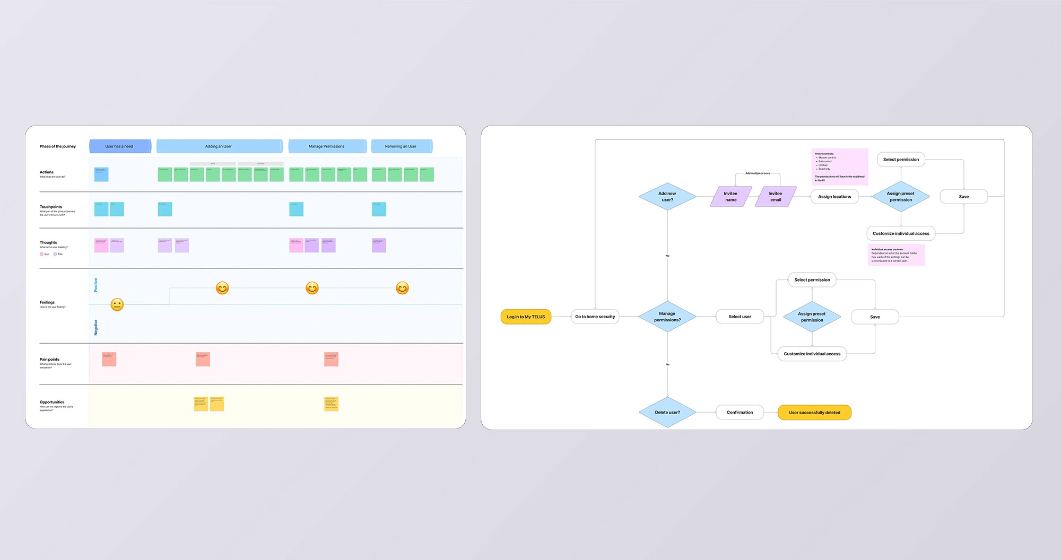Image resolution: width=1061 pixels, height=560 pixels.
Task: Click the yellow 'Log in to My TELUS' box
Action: [x=526, y=317]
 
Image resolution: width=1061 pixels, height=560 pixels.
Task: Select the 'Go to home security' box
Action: [x=595, y=317]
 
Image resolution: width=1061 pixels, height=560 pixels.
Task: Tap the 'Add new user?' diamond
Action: [x=667, y=196]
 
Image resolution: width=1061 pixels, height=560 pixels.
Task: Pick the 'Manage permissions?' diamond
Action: [x=667, y=317]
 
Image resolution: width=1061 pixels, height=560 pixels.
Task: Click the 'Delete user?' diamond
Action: [x=667, y=412]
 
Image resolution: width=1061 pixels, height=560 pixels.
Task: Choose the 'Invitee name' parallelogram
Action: [x=730, y=196]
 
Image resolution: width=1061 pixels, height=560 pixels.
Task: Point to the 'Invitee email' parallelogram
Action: [x=775, y=196]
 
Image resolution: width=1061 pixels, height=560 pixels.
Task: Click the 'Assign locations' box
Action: [x=834, y=197]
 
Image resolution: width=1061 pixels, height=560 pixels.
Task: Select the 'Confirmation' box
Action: [x=740, y=412]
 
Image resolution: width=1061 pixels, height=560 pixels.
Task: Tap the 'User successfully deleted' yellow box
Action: [x=814, y=413]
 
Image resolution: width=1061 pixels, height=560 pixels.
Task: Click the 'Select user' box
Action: [x=740, y=317]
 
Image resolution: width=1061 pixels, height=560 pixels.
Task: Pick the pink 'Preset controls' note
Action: [x=840, y=167]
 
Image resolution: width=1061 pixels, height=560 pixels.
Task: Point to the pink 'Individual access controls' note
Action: [x=896, y=255]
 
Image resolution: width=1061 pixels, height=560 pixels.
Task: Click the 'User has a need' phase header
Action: [x=119, y=146]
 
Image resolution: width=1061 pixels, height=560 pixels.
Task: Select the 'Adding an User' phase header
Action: [x=219, y=146]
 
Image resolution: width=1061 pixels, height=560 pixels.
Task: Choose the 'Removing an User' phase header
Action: [x=401, y=146]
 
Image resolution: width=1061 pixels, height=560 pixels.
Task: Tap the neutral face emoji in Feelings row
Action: [x=117, y=304]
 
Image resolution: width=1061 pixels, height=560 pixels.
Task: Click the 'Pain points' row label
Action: [x=49, y=360]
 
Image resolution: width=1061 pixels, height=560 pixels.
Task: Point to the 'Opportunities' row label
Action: [x=52, y=402]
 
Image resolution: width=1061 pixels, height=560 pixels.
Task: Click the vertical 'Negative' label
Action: [x=96, y=327]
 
